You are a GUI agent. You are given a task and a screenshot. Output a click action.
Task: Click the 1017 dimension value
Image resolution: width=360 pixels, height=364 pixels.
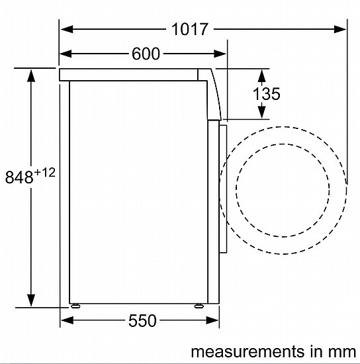[189, 29]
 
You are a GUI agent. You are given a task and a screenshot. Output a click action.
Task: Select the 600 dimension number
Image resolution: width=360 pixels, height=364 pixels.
[146, 54]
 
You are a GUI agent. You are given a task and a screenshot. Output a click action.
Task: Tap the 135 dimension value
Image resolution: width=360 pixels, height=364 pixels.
[266, 93]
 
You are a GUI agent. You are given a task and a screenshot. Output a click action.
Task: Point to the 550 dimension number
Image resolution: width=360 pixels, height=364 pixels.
[142, 320]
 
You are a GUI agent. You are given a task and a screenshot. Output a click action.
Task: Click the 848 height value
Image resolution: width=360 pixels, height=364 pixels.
[19, 177]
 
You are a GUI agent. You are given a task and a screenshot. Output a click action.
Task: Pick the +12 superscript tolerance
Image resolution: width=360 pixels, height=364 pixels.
[45, 173]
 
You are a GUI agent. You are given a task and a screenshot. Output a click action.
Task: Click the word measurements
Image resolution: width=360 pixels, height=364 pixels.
[247, 351]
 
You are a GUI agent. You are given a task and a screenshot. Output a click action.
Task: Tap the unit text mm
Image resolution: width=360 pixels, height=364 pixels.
[342, 351]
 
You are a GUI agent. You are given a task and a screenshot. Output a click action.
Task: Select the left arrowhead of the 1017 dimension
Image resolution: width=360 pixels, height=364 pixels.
[67, 29]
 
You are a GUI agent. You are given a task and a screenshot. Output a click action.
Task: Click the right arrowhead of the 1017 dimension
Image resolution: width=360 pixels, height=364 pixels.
[340, 29]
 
